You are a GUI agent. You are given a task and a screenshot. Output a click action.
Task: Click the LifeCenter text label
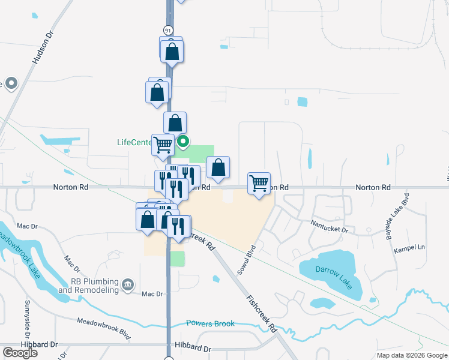click(134, 143)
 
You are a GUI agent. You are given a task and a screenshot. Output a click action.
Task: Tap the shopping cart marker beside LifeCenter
click(163, 145)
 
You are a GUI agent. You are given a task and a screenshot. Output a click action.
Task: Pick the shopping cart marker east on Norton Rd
click(259, 183)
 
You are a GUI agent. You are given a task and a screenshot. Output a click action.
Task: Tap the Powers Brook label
click(210, 324)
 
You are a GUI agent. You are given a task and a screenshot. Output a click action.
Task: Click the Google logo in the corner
click(20, 353)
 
